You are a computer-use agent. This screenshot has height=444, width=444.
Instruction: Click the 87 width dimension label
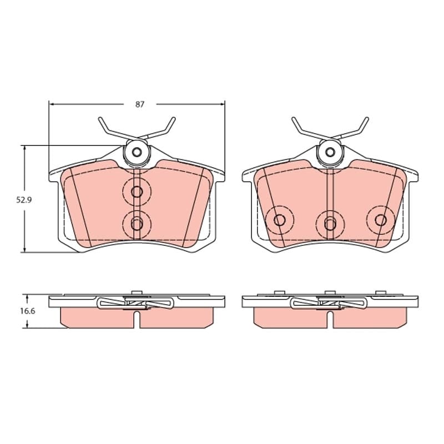click(140, 104)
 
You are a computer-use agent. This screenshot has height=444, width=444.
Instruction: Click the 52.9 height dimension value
click(24, 200)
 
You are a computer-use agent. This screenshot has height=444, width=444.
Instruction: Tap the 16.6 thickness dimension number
click(27, 311)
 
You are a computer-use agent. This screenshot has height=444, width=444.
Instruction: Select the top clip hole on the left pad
click(137, 152)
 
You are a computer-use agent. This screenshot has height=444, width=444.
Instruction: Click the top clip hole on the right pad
click(330, 152)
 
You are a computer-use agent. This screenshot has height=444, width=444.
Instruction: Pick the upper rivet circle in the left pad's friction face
click(137, 192)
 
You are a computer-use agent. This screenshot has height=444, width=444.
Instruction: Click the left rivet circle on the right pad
click(280, 220)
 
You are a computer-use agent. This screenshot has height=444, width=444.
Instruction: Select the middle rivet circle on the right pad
click(330, 224)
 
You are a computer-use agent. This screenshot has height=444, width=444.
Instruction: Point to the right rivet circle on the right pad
click(381, 220)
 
